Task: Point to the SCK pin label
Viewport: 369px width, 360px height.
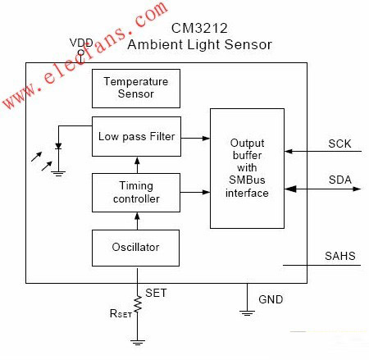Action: pyautogui.click(x=339, y=144)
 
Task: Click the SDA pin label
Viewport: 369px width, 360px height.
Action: pyautogui.click(x=340, y=180)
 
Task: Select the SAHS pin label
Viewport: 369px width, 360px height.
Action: pyautogui.click(x=340, y=256)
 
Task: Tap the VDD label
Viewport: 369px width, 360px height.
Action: pyautogui.click(x=81, y=43)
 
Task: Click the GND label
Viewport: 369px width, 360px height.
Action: pyautogui.click(x=271, y=299)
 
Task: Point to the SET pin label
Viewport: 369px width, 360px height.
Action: pyautogui.click(x=156, y=293)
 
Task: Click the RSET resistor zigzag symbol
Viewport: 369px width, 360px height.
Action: pyautogui.click(x=138, y=305)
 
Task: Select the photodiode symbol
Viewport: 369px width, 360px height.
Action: pyautogui.click(x=58, y=146)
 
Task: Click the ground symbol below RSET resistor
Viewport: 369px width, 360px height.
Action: pyautogui.click(x=138, y=342)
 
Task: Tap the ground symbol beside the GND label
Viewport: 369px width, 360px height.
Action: pyautogui.click(x=247, y=313)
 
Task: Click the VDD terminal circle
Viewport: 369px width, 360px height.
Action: pyautogui.click(x=81, y=52)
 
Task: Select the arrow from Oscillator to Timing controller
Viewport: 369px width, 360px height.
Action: pyautogui.click(x=137, y=221)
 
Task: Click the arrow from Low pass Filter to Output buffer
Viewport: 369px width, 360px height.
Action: pyautogui.click(x=195, y=139)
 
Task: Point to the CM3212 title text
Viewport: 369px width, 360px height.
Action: pyautogui.click(x=199, y=28)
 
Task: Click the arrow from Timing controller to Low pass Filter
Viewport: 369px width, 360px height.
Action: pyautogui.click(x=137, y=165)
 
